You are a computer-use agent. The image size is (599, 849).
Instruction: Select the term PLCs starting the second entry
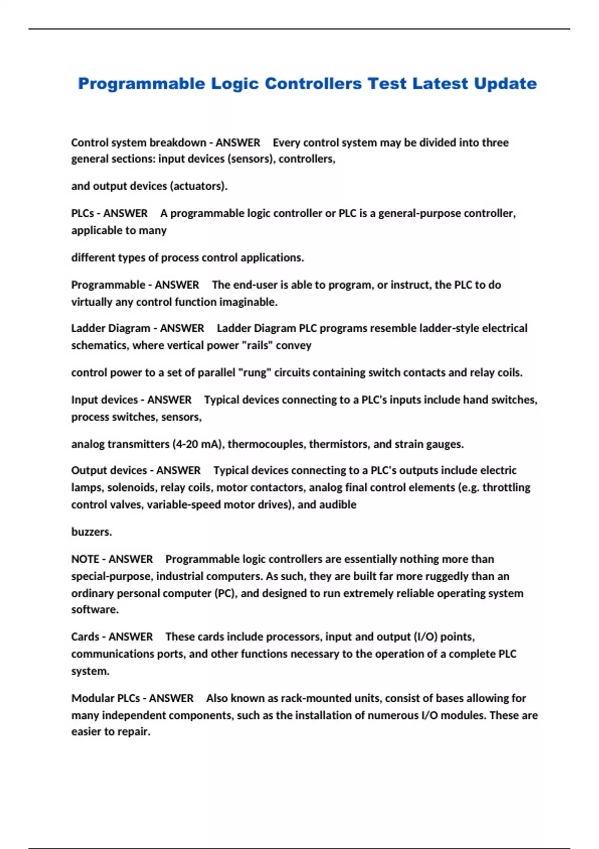click(x=82, y=213)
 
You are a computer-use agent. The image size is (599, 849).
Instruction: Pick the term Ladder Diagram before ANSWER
click(x=110, y=328)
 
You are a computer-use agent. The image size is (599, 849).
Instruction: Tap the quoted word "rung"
click(x=254, y=373)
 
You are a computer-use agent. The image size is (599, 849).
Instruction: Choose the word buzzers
click(x=91, y=532)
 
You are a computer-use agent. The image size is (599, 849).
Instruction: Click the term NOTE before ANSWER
click(x=85, y=559)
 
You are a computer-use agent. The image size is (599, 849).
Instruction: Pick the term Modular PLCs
click(x=105, y=698)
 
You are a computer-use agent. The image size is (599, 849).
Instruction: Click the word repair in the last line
click(x=134, y=732)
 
